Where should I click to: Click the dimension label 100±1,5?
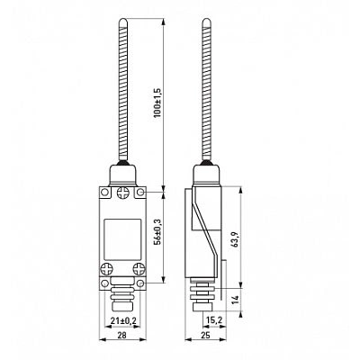pos(158,103)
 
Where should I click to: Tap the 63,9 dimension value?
pos(236,239)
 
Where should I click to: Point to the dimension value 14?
pos(236,299)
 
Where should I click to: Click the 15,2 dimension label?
pos(214,321)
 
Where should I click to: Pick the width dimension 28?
pos(121,335)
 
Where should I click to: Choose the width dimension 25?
pos(206,335)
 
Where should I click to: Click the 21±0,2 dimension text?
pos(123,321)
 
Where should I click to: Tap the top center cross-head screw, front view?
pos(122,193)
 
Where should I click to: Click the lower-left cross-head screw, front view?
pos(107,269)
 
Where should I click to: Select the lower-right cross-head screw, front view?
pos(139,269)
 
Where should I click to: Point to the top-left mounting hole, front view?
pos(104,192)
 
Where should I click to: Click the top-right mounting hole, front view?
pos(141,192)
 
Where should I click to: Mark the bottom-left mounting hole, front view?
pos(104,283)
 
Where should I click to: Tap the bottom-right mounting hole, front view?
pos(141,283)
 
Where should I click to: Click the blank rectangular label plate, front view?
pos(122,239)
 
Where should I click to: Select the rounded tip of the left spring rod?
pos(123,22)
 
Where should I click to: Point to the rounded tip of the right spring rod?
pos(206,22)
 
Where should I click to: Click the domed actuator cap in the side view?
pos(206,175)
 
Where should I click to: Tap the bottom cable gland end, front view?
pos(122,307)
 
